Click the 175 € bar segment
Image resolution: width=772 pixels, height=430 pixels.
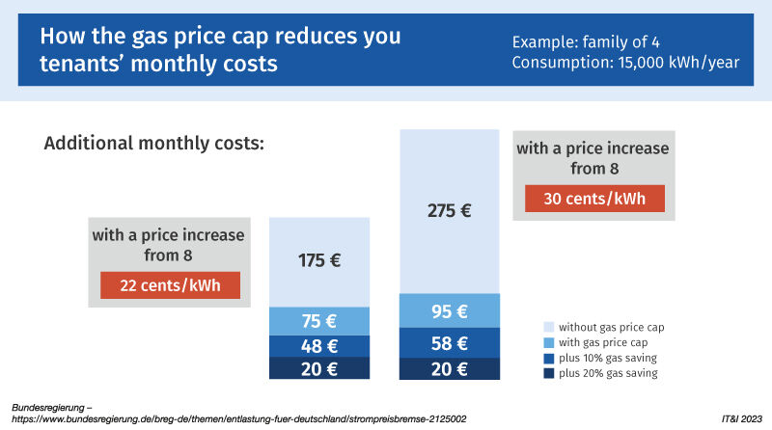coord(319,261)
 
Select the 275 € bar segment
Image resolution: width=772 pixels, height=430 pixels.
coord(449,211)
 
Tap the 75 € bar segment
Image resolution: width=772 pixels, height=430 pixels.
coord(319,321)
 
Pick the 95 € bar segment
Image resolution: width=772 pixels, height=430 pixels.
coord(449,310)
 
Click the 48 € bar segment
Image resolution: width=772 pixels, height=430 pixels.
coord(319,346)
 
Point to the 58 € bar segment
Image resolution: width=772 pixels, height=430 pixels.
coord(449,342)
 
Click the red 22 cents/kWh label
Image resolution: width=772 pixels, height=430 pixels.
coord(170,286)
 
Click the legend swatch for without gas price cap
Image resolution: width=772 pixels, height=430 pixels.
coord(549,328)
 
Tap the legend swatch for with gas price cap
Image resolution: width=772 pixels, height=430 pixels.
coord(549,343)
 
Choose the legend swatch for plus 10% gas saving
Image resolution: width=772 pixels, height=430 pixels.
coord(549,358)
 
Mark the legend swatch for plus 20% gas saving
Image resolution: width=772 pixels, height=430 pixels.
coord(549,373)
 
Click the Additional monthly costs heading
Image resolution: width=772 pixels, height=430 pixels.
coord(153,143)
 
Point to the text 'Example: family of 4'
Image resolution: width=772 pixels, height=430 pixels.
coord(585,42)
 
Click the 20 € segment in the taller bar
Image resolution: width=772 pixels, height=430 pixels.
coord(449,369)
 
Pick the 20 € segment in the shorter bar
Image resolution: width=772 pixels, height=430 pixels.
coord(319,369)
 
